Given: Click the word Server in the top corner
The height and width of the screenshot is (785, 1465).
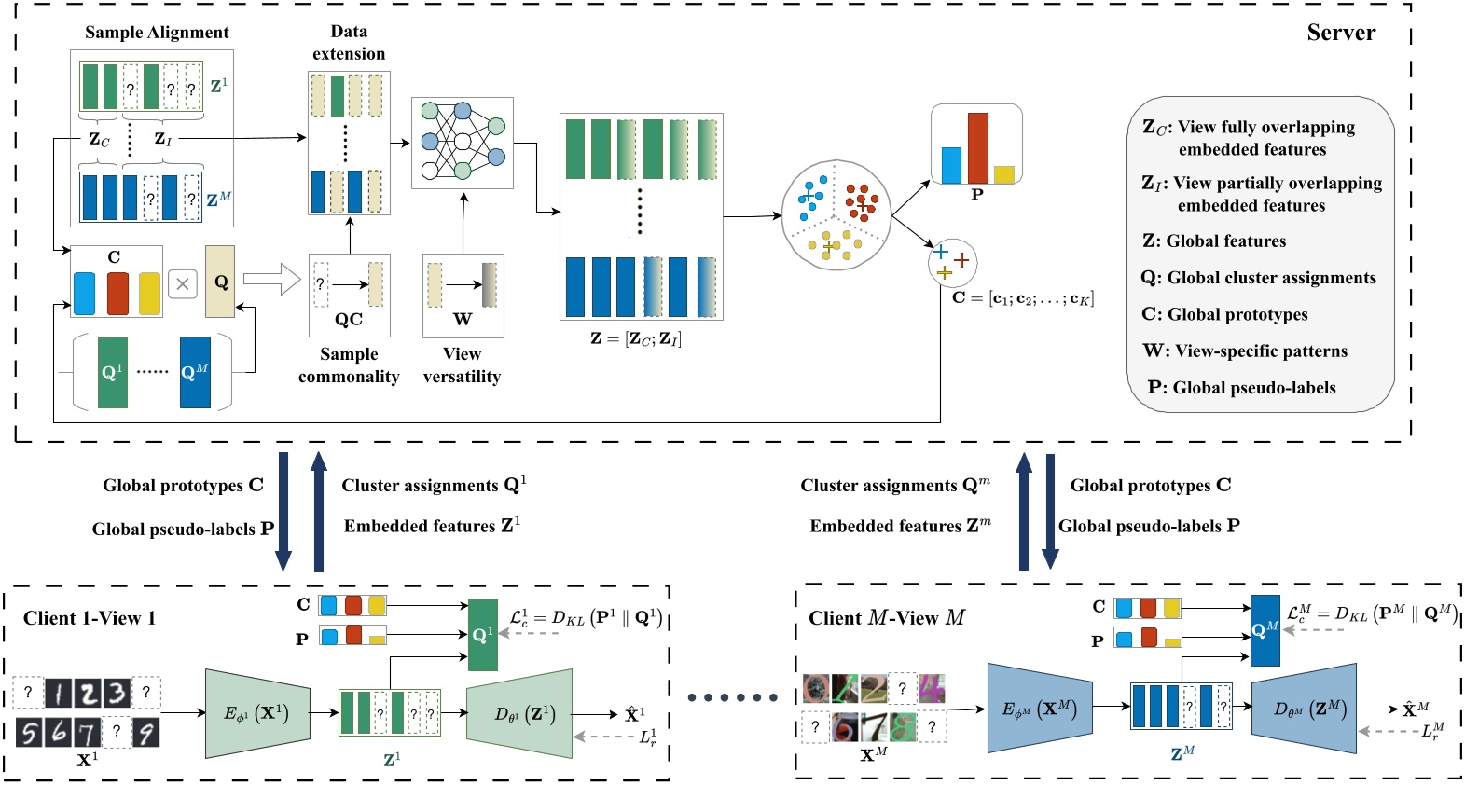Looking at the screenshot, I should point(1340,33).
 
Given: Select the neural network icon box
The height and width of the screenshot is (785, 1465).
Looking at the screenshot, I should point(463,143).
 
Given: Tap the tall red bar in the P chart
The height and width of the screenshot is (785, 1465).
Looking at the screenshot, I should point(977,147).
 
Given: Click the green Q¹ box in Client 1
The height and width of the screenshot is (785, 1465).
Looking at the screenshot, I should point(482,635).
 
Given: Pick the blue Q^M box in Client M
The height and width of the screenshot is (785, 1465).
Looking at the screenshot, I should point(1265,630).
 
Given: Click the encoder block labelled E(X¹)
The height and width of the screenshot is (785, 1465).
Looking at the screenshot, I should point(256,714).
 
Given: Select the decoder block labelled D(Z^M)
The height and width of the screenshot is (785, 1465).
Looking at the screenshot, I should point(1304,709).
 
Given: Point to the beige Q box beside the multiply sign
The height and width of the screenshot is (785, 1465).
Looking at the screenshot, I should point(220,282).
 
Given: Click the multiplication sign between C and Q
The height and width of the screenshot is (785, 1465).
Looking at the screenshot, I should point(183,284).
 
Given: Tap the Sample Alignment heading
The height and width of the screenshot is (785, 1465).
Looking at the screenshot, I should point(157,33).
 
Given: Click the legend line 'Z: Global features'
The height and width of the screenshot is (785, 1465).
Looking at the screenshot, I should point(1213,241).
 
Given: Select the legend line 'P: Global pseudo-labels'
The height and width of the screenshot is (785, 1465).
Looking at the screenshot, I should point(1241,388).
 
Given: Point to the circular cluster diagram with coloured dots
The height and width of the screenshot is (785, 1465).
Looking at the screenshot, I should point(835,215).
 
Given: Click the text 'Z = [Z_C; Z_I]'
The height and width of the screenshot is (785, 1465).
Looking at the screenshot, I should point(636,338).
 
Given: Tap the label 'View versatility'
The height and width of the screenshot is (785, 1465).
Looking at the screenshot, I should point(462,365).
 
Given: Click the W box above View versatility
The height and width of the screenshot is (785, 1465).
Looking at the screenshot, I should point(463,295).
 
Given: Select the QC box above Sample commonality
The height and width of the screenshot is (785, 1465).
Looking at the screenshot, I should point(349,295).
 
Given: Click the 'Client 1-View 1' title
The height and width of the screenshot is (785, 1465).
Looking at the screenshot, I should point(90,618).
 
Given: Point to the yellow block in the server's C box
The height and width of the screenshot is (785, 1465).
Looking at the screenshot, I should point(149,293).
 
